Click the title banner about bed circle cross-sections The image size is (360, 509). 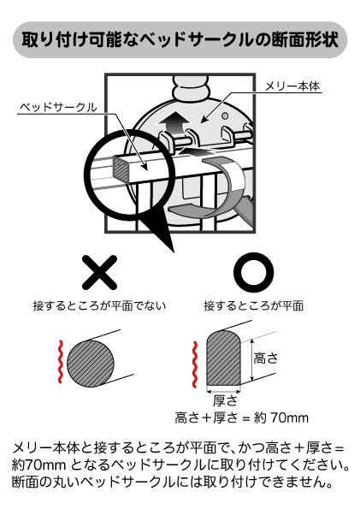[180, 39]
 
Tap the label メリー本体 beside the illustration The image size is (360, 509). [292, 86]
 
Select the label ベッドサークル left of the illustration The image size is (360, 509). [58, 107]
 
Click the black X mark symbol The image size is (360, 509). [99, 272]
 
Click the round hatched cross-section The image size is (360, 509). [91, 364]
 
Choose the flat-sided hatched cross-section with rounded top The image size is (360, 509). [224, 358]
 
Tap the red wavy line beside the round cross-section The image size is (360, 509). [60, 362]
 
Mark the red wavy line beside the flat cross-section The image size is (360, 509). [194, 364]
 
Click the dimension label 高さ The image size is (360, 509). [266, 358]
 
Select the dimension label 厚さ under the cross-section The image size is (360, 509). [225, 400]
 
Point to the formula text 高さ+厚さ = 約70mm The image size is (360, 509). [241, 417]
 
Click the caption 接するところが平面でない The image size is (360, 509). [99, 305]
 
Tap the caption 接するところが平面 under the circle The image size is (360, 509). [253, 305]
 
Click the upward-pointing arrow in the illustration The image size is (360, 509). [174, 124]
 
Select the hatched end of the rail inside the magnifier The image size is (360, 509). [120, 168]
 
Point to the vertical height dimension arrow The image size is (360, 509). [252, 361]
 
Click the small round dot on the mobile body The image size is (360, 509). [225, 115]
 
